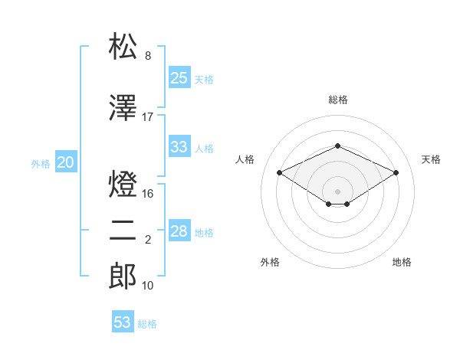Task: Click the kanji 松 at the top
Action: pyautogui.click(x=123, y=47)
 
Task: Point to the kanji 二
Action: pyautogui.click(x=123, y=231)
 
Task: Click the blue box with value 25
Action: pyautogui.click(x=179, y=78)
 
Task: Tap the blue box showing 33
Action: pyautogui.click(x=179, y=147)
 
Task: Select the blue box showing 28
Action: pyautogui.click(x=179, y=231)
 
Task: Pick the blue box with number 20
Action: pyautogui.click(x=66, y=162)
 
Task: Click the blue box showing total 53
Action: pyautogui.click(x=123, y=322)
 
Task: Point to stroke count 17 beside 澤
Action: pyautogui.click(x=148, y=117)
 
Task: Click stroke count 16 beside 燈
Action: pyautogui.click(x=148, y=194)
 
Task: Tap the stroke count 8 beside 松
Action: pyautogui.click(x=148, y=56)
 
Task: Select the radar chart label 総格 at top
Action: pyautogui.click(x=337, y=100)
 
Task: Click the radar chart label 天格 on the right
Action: pyautogui.click(x=431, y=159)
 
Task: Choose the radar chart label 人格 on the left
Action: pyautogui.click(x=245, y=159)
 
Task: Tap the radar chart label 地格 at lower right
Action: pyautogui.click(x=402, y=262)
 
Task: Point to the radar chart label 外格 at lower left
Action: pyautogui.click(x=270, y=262)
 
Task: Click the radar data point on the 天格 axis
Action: pyautogui.click(x=396, y=172)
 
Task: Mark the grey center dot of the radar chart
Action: pyautogui.click(x=337, y=191)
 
